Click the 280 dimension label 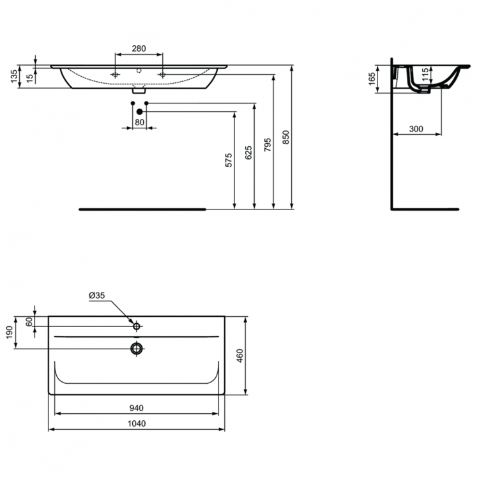pyautogui.click(x=139, y=49)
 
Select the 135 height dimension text pyautogui.click(x=14, y=76)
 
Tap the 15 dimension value pyautogui.click(x=29, y=77)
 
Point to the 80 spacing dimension pyautogui.click(x=139, y=121)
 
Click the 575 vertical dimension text pyautogui.click(x=229, y=160)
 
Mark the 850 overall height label pyautogui.click(x=286, y=138)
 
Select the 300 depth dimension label pyautogui.click(x=415, y=128)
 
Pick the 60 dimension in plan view pyautogui.click(x=29, y=322)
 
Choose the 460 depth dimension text pyautogui.click(x=239, y=355)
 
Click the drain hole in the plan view pyautogui.click(x=136, y=348)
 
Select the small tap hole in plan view pyautogui.click(x=136, y=326)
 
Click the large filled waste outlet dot pyautogui.click(x=139, y=112)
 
